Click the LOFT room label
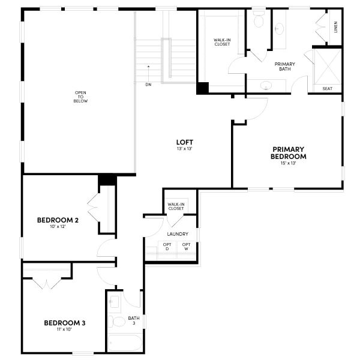pyautogui.click(x=184, y=142)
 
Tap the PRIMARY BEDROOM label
pyautogui.click(x=289, y=152)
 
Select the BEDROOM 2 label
pyautogui.click(x=58, y=220)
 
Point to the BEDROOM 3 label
pyautogui.click(x=65, y=323)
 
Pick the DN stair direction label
pyautogui.click(x=148, y=85)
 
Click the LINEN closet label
pyautogui.click(x=335, y=28)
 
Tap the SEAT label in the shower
pyautogui.click(x=328, y=89)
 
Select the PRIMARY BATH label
pyautogui.click(x=285, y=67)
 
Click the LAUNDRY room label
pyautogui.click(x=178, y=234)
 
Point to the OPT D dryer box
pyautogui.click(x=167, y=247)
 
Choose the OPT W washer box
pyautogui.click(x=186, y=247)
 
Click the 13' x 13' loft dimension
pyautogui.click(x=184, y=149)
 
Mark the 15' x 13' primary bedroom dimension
pyautogui.click(x=289, y=163)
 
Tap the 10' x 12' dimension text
pyautogui.click(x=58, y=227)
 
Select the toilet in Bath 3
pyautogui.click(x=119, y=322)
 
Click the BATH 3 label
pyautogui.click(x=133, y=321)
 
